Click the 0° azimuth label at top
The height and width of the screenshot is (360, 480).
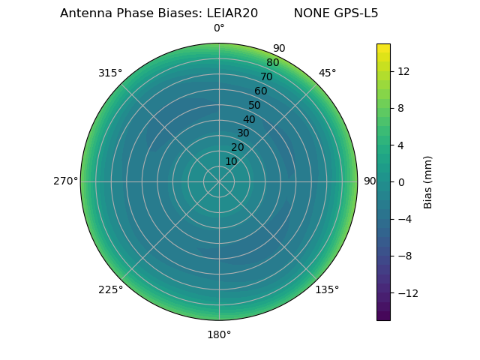click(219, 28)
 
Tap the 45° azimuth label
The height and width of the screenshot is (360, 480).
click(327, 73)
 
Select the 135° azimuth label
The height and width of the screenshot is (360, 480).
click(327, 289)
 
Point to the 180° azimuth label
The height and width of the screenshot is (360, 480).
click(219, 334)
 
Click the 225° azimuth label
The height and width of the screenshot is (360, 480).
click(110, 289)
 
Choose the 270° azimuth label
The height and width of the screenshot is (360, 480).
click(66, 181)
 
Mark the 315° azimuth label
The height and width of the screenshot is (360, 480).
click(110, 73)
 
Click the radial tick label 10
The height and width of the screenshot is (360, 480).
click(231, 161)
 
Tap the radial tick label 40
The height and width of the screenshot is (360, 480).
click(249, 119)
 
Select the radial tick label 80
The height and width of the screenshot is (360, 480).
click(272, 62)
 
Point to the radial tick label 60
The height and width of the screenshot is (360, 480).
click(260, 91)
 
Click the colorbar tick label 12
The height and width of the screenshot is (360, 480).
click(403, 71)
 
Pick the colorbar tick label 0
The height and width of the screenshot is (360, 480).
click(400, 181)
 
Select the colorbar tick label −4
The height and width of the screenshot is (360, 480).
click(403, 219)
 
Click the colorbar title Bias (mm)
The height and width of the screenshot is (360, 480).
click(428, 181)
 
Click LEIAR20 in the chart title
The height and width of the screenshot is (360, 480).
click(232, 13)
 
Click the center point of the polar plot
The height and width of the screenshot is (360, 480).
click(219, 181)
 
